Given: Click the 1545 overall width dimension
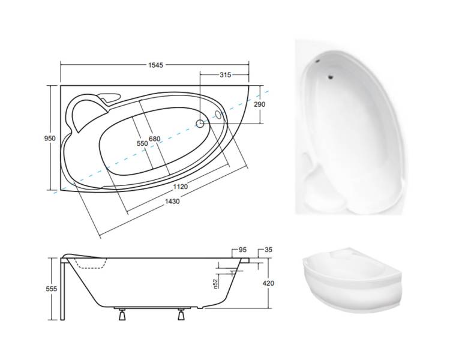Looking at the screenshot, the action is coord(155,65).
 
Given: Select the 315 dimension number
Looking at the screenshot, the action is coord(225,75).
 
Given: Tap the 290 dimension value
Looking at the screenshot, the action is coord(259,104).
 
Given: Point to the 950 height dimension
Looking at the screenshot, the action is coord(50,139).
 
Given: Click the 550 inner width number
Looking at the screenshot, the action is coord(142,143).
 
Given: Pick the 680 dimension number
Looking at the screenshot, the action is coord(154,139).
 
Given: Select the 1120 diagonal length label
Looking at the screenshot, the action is coord(180,187).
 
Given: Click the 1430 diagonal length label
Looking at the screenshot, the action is coord(172,202).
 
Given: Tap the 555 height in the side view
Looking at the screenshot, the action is coord(52,289).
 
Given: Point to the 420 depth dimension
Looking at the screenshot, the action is coord(268,283).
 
